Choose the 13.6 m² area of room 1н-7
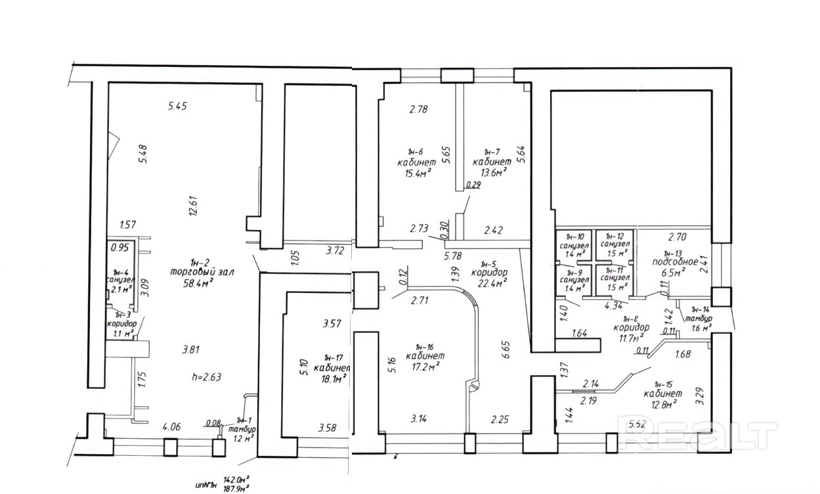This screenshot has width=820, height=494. click(x=490, y=172)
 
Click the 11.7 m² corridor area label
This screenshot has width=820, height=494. click(x=631, y=338)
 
